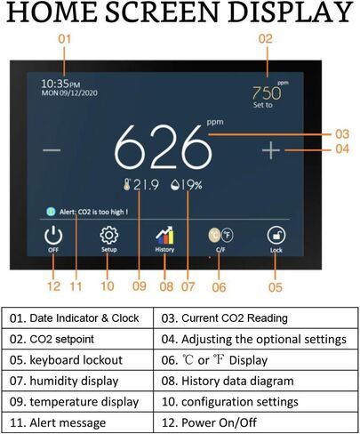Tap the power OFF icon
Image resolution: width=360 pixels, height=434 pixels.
pos(53,235)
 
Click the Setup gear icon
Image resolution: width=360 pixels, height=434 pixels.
pos(109,235)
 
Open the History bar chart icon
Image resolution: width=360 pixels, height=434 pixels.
pos(164,236)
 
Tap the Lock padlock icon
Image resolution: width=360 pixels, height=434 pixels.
pos(276,236)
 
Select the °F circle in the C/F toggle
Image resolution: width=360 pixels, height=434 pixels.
pos(228,235)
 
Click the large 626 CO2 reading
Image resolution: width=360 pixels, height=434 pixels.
pos(164,147)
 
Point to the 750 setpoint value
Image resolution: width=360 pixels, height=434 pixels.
pos(267,93)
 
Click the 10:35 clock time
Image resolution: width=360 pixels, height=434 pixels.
pos(60,84)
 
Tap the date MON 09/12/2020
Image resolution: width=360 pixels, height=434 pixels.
pos(69,93)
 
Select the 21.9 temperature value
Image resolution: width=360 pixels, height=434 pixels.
pos(146,185)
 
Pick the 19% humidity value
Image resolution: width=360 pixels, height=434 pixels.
pos(191,185)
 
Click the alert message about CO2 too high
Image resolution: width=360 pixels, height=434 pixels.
pos(94,212)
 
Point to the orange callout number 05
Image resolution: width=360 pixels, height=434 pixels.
pos(276,287)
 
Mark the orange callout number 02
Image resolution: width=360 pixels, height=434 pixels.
pos(266,39)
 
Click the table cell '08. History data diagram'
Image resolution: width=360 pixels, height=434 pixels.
pos(256,381)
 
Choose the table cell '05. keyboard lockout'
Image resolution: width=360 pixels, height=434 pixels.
pos(77,360)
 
